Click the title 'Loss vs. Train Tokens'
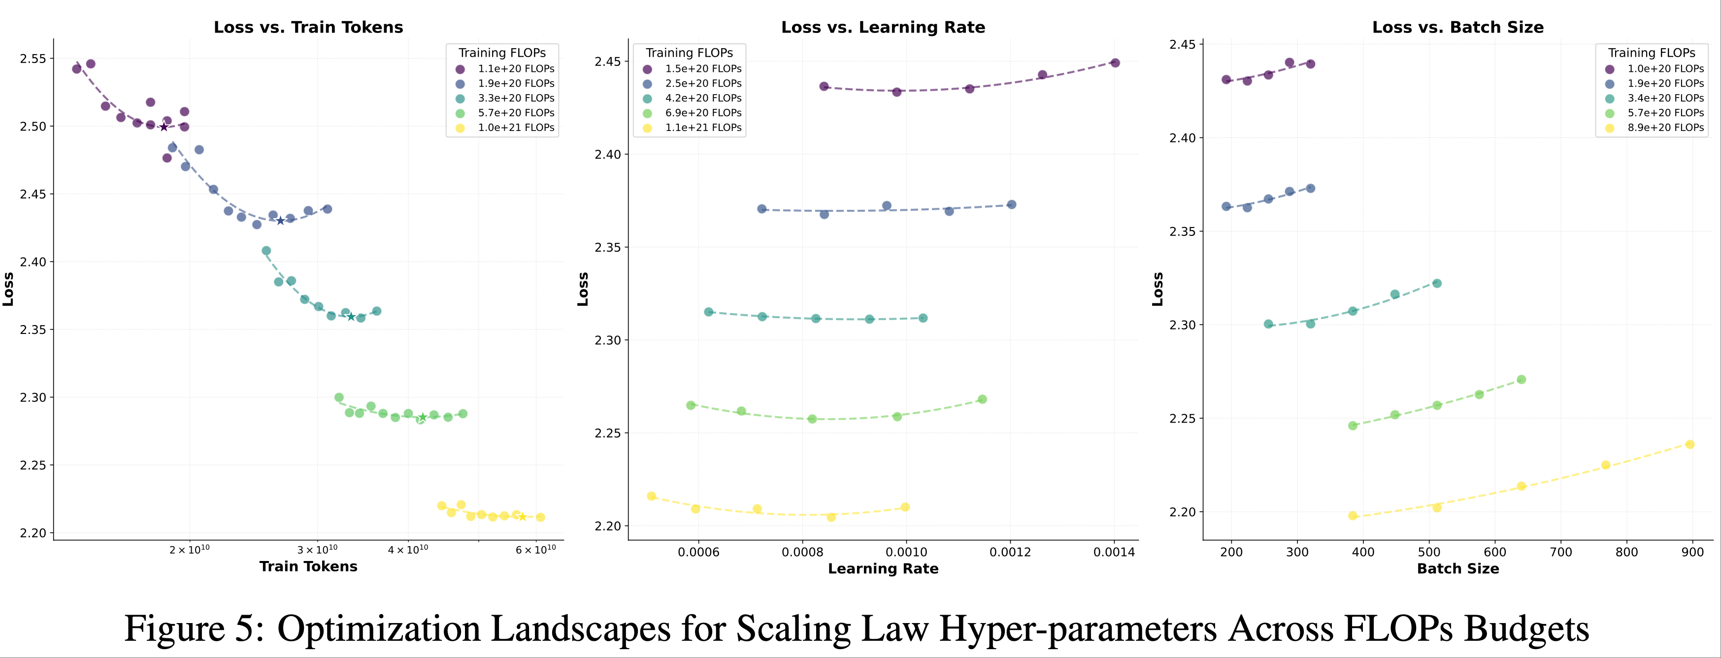308,28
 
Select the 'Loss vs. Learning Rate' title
883,28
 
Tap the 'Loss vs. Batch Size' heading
1458,28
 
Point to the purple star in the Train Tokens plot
164,127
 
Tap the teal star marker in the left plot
351,317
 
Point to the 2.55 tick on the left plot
33,59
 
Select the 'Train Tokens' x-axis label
308,566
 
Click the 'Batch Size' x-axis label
1458,568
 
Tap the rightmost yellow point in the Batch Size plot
1689,444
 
